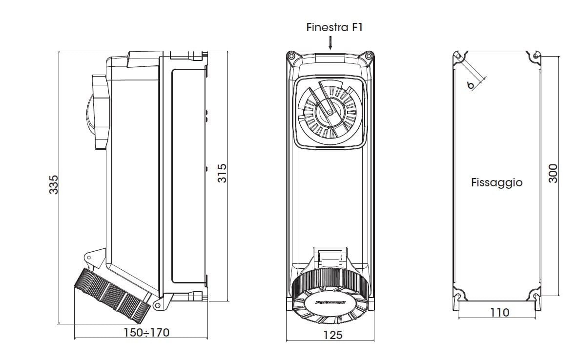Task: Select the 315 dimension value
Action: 222,174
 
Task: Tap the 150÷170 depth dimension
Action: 146,333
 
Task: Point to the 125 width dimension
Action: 332,335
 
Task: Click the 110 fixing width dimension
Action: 499,312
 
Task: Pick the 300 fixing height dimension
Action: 553,173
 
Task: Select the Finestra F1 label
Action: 334,27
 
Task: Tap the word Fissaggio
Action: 496,182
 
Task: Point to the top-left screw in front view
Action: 291,57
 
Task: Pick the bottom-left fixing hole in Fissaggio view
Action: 458,296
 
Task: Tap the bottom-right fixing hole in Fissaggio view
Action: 536,296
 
